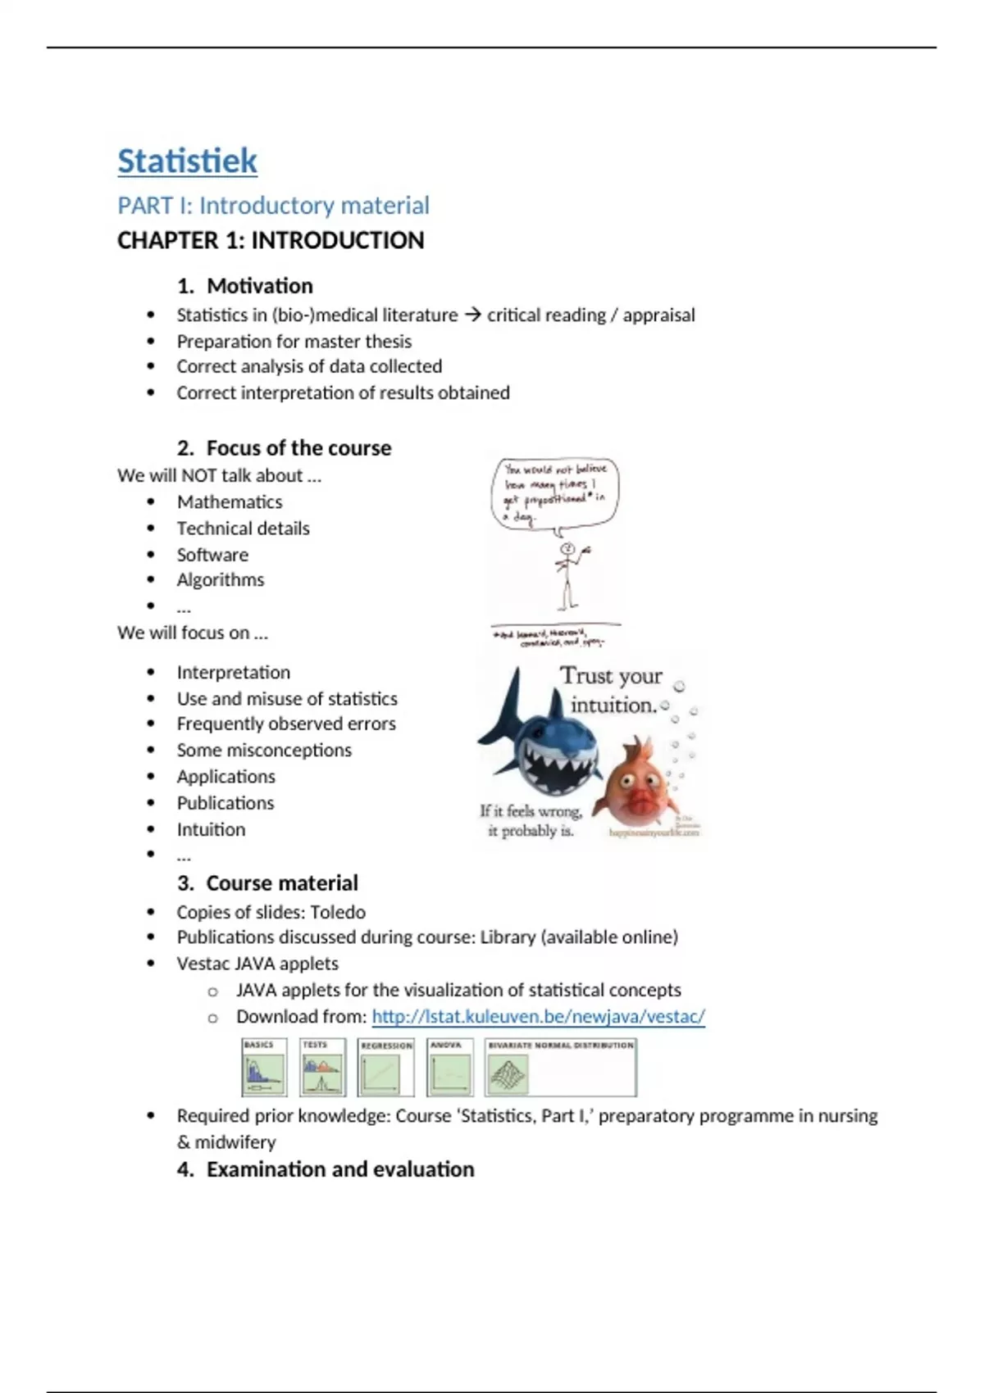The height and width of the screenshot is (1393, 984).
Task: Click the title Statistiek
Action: (x=187, y=161)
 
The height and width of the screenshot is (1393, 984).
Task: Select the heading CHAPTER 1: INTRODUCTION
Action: (x=271, y=241)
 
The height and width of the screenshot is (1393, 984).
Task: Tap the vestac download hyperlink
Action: (x=538, y=1017)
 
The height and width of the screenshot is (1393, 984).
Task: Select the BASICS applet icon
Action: (x=264, y=1068)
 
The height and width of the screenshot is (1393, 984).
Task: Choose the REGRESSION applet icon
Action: (x=385, y=1068)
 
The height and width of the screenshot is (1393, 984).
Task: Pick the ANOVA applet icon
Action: (x=449, y=1068)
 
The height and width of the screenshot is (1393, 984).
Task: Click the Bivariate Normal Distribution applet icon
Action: (x=560, y=1068)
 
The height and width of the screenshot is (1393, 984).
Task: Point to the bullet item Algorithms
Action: (x=221, y=580)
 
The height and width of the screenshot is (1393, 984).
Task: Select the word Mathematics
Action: (x=230, y=502)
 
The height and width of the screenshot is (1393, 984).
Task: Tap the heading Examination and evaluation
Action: (x=339, y=1169)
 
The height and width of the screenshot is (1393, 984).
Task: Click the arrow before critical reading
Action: (x=472, y=315)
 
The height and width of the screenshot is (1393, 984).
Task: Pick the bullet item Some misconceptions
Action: (x=264, y=751)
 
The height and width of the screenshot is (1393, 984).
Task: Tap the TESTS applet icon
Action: (x=322, y=1068)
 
